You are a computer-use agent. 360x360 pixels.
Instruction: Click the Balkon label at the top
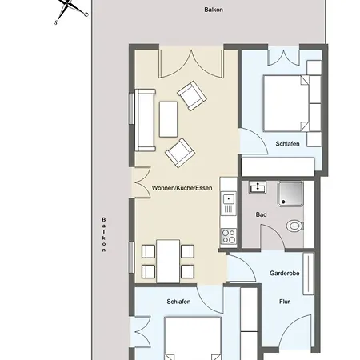(214, 10)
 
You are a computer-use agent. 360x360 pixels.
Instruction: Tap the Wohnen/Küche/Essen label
(182, 188)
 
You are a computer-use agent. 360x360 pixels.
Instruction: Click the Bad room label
(261, 214)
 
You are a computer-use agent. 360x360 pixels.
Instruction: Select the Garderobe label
(284, 273)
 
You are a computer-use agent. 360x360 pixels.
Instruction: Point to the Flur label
(284, 302)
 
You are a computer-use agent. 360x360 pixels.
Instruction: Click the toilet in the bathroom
(295, 226)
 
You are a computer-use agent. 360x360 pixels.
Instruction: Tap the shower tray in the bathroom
(290, 194)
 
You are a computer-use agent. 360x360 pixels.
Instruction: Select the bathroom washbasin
(258, 187)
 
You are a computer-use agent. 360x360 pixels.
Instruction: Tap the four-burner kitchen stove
(229, 237)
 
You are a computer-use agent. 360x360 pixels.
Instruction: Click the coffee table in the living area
(168, 119)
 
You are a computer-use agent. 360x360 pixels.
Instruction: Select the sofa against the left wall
(145, 120)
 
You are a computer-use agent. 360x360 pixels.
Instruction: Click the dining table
(168, 261)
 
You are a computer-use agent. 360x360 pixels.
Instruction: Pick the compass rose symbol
(70, 10)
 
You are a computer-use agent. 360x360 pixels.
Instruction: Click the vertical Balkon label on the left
(104, 234)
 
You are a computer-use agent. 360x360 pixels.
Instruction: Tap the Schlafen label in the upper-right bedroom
(287, 144)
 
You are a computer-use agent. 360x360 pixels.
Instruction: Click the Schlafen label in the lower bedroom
(178, 302)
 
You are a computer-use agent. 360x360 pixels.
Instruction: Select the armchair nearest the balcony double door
(192, 95)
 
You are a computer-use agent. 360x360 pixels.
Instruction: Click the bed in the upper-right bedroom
(286, 103)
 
